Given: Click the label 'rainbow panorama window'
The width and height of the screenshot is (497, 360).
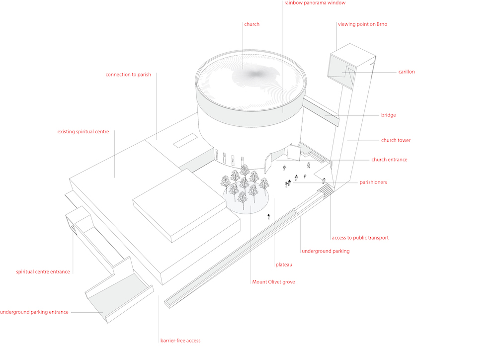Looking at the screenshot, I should click(314, 3).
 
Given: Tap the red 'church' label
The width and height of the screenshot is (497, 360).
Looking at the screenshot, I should click(251, 24).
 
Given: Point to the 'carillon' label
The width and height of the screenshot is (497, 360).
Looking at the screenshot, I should click(406, 72).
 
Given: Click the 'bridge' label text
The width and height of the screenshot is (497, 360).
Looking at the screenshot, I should click(389, 115).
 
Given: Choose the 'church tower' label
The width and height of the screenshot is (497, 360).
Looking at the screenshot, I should click(396, 140).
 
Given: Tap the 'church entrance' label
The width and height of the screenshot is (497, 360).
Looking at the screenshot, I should click(389, 160).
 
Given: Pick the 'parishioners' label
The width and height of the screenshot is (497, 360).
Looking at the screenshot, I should click(373, 182).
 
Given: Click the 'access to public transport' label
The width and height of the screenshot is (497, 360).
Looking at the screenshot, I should click(360, 238).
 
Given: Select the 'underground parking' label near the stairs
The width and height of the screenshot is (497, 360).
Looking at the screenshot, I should click(326, 251).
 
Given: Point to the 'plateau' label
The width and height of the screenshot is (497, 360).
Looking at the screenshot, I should click(284, 265).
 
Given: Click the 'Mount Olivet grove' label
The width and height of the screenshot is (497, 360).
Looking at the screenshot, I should click(273, 282).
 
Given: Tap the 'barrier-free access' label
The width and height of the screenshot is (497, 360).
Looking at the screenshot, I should click(180, 341).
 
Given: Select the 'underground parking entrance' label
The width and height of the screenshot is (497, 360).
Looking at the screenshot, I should click(34, 312).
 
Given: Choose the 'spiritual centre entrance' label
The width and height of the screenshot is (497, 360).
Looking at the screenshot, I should click(43, 272).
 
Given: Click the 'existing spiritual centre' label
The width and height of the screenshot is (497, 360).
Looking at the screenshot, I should click(83, 132).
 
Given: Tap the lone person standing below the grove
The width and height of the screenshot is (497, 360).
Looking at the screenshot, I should click(269, 216).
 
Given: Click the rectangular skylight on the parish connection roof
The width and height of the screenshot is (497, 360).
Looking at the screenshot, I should click(184, 141).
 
